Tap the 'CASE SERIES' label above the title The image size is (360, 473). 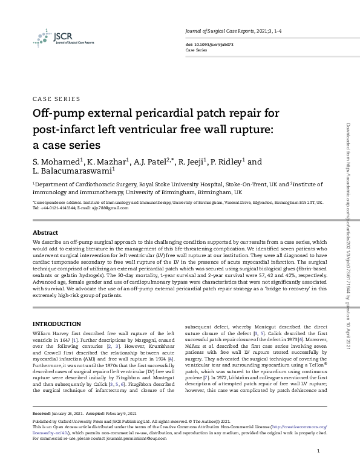coord(56,99)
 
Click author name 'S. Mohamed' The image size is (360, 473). coord(54,162)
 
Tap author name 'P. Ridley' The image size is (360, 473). coord(229,162)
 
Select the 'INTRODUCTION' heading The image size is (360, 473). coord(56,324)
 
